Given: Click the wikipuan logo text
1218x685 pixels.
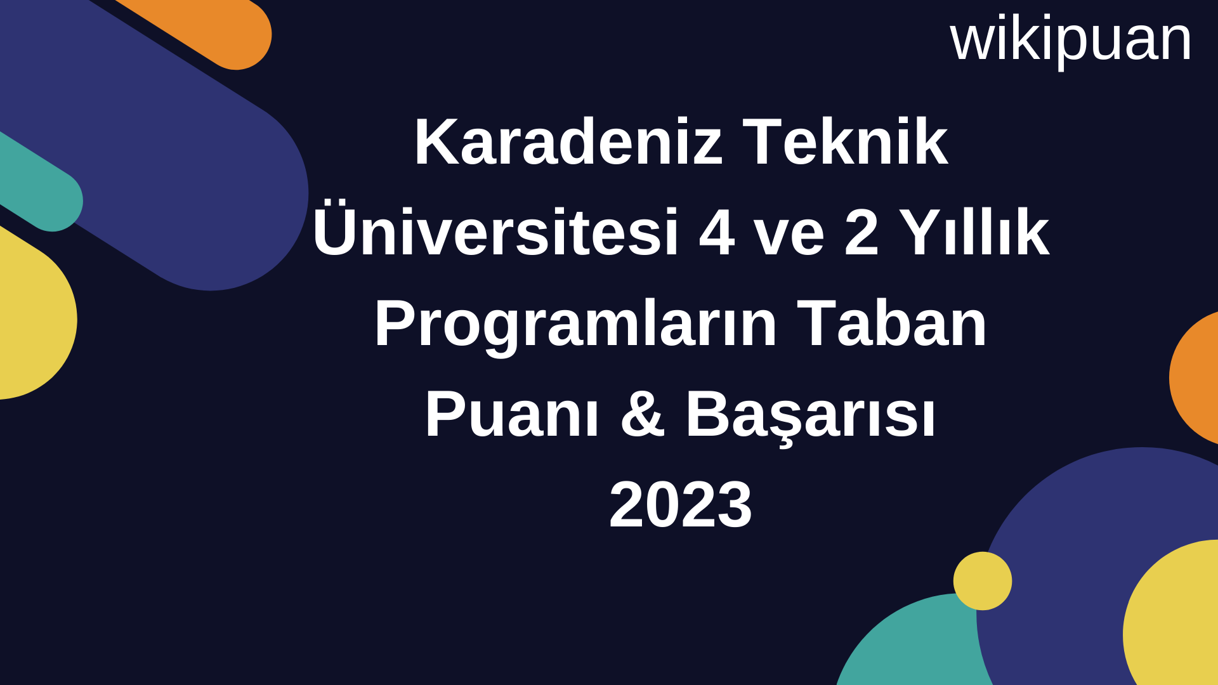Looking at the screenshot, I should (x=1070, y=39).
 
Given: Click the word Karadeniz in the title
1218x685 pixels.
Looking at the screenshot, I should (x=568, y=142).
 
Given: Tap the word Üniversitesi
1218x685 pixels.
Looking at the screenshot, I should (x=495, y=232).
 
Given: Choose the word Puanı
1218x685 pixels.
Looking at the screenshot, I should (x=512, y=415).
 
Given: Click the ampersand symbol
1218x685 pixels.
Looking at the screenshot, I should (x=643, y=415).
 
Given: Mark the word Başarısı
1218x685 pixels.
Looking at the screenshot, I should (x=810, y=415).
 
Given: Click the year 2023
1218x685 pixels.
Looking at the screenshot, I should (x=681, y=505).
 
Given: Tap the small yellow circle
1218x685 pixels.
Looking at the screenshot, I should (x=982, y=581).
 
